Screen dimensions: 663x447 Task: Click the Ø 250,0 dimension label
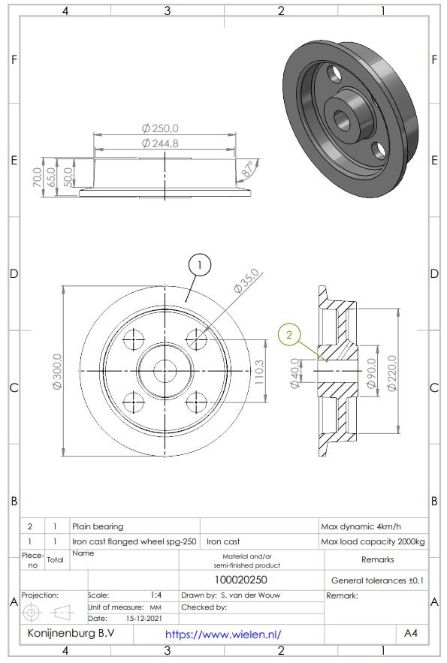tap(159, 128)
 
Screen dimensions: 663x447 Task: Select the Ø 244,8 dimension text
tap(159, 143)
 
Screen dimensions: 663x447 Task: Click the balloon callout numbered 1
tap(199, 264)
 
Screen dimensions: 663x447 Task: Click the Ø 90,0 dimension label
tap(370, 372)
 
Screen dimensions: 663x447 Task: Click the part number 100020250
tap(240, 580)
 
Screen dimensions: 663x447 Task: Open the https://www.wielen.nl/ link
tap(222, 634)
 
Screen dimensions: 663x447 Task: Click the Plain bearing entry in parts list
tap(98, 526)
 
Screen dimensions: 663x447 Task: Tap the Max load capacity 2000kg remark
tap(372, 541)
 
